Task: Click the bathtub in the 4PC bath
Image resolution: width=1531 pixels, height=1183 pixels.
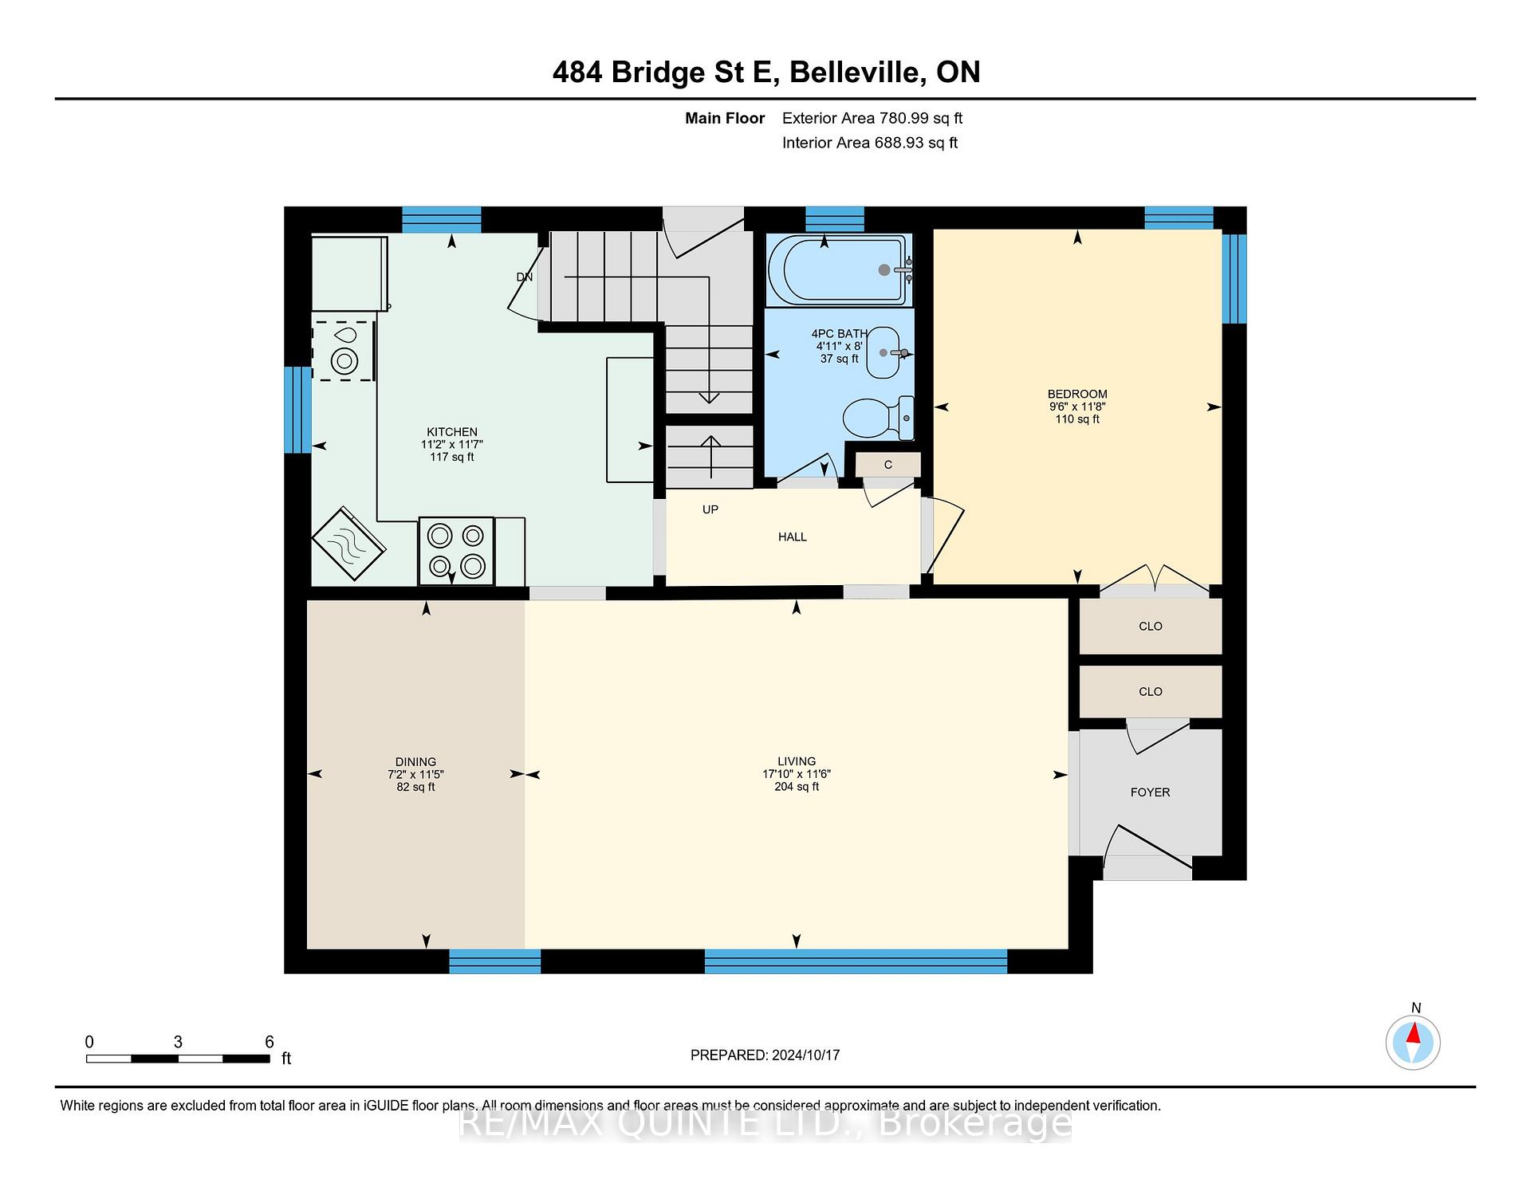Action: coord(838,269)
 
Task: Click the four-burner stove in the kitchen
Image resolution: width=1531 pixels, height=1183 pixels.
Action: coord(456,551)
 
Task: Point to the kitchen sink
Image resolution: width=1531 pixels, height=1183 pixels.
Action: coord(343,351)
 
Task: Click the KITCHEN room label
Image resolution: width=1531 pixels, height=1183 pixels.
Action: coord(452,432)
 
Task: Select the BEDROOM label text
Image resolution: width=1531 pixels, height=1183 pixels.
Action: coord(1077,394)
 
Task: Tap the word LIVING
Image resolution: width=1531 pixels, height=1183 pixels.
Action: coord(797,761)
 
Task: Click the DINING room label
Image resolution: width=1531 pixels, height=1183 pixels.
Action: coord(415,761)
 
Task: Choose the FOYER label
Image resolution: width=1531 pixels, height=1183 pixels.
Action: coord(1150,792)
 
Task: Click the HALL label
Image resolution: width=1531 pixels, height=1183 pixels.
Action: coord(793,537)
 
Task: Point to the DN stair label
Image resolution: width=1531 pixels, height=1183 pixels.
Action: coord(524,277)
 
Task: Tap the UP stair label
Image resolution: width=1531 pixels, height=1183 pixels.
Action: coord(710,509)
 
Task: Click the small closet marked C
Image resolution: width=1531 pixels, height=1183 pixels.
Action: coord(888,465)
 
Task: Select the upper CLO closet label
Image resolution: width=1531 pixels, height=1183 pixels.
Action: coord(1151,627)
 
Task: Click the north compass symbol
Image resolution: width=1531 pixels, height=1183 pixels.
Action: coord(1413,1041)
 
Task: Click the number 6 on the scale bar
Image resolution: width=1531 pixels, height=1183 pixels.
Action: coord(270,1042)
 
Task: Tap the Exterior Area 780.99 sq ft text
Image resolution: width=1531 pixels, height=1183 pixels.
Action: coord(872,118)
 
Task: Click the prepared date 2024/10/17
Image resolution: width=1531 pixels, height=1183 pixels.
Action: coord(805,1055)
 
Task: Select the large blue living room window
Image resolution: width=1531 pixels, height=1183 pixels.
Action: coord(856,961)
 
